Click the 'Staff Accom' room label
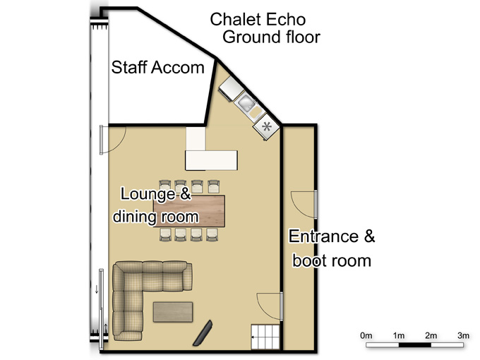[x=157, y=67]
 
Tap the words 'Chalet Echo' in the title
[x=258, y=19]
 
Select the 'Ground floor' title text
[x=271, y=37]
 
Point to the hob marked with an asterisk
[x=266, y=126]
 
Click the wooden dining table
[x=189, y=211]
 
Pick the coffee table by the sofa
[x=173, y=312]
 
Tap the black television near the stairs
[x=203, y=333]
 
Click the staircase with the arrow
[x=265, y=337]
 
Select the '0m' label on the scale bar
[x=366, y=335]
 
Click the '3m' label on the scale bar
[x=464, y=335]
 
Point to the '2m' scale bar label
[x=431, y=335]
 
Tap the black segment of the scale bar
[x=415, y=345]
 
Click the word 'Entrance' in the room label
[x=323, y=236]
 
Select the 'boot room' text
[x=332, y=260]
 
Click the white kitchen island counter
[x=211, y=160]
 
